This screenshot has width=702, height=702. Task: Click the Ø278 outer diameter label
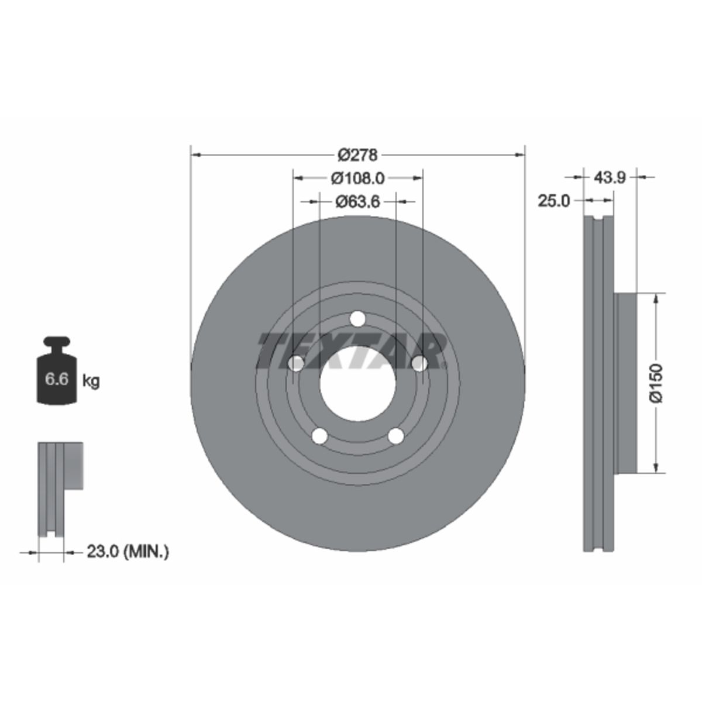(357, 156)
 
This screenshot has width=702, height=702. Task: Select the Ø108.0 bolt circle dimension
(357, 178)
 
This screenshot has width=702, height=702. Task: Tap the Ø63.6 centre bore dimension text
(357, 201)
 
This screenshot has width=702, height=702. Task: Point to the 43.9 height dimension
(610, 178)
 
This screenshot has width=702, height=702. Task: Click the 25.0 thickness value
(554, 201)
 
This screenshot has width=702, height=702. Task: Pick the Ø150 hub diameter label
(656, 383)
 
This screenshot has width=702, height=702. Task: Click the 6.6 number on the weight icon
(57, 379)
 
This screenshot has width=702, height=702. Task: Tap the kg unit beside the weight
(91, 381)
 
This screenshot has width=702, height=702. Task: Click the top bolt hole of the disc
(357, 319)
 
